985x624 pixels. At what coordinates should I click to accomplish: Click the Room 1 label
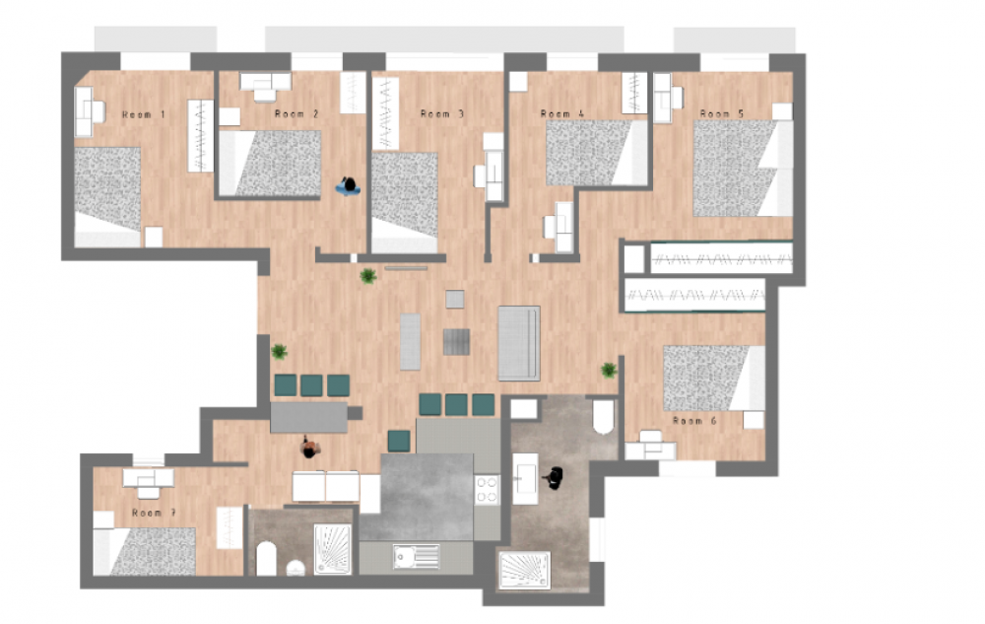coord(144,115)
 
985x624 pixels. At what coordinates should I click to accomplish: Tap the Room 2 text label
coord(296,114)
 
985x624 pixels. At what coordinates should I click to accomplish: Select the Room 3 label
coord(442,114)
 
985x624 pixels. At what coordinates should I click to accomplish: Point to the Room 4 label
coord(562,114)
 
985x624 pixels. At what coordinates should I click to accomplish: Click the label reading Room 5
coord(722,114)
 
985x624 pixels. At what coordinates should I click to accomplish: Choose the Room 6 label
coord(694,421)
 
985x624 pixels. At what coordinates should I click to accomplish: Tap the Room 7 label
coord(154,513)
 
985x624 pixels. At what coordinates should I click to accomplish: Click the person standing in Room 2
coord(347,185)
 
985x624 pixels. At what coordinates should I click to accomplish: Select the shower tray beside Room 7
coord(332,548)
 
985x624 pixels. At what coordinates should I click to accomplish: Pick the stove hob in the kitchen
coord(488,490)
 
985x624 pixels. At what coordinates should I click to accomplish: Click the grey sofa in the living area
coord(519,342)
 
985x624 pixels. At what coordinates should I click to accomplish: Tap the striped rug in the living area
coord(457,342)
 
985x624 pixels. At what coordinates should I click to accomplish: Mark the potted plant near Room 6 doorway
coord(609,370)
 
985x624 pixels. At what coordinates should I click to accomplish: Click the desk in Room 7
coord(149,480)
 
